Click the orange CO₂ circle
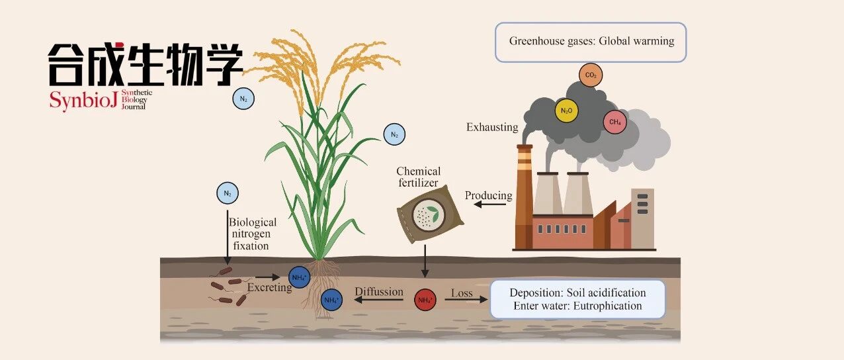(590, 76)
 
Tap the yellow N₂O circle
(566, 111)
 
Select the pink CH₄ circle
(614, 122)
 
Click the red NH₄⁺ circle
(425, 300)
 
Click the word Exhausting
(491, 127)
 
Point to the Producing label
(488, 195)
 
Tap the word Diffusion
(379, 292)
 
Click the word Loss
(462, 292)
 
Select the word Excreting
(269, 288)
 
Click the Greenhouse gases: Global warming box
(591, 42)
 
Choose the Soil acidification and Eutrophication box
(577, 299)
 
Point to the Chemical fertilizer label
(418, 177)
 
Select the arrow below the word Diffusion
(379, 300)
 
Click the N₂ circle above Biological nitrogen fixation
(228, 194)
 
